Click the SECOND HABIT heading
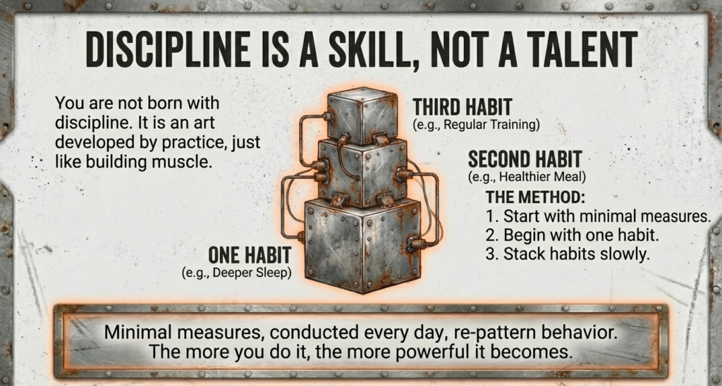[x=525, y=158]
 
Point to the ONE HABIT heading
[x=250, y=255]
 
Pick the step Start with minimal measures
[x=598, y=216]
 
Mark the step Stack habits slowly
[x=567, y=254]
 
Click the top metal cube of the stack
[x=362, y=116]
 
